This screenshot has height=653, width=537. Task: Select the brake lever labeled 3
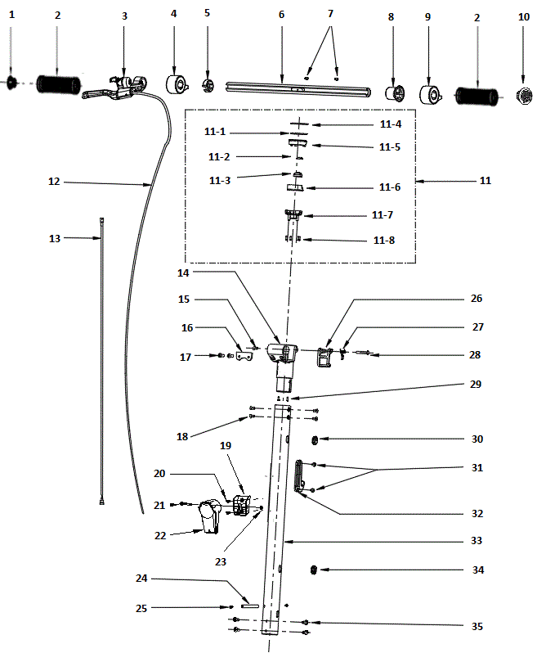[114, 88]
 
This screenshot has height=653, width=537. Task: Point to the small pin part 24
[249, 606]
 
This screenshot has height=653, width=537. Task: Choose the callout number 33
[477, 541]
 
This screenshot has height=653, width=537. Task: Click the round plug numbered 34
[315, 570]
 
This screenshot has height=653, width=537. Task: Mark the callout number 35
[477, 627]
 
